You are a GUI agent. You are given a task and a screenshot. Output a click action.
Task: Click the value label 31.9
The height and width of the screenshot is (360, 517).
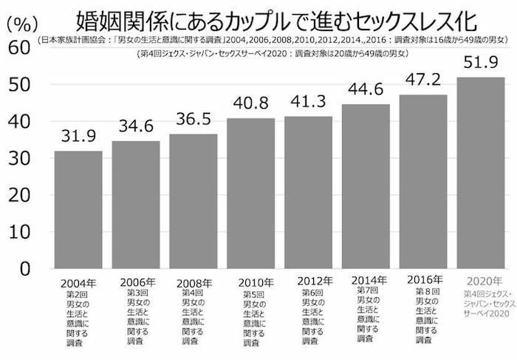tap(78, 137)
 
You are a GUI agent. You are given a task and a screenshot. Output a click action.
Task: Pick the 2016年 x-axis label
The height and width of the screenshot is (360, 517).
tap(424, 279)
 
